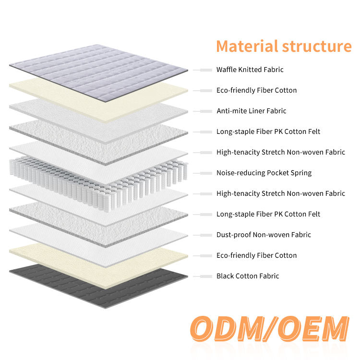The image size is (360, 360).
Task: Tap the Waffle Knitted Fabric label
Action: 250,70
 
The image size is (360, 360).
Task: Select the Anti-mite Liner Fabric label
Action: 251,111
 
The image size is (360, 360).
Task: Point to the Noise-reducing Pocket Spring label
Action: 264,173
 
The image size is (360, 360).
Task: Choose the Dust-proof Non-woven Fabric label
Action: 264,235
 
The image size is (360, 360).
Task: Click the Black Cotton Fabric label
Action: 248,276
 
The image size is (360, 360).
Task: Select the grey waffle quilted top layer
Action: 98,72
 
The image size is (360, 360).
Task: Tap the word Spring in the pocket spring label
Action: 300,173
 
